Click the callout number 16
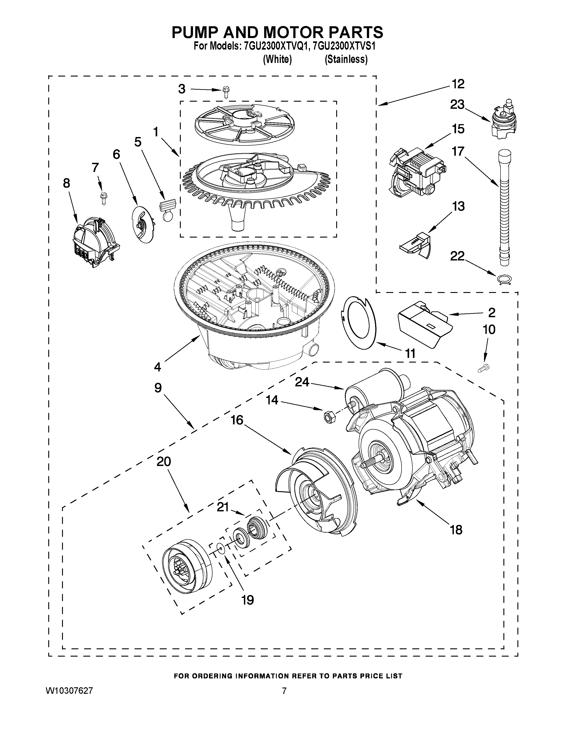(x=237, y=420)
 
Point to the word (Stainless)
(x=346, y=59)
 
